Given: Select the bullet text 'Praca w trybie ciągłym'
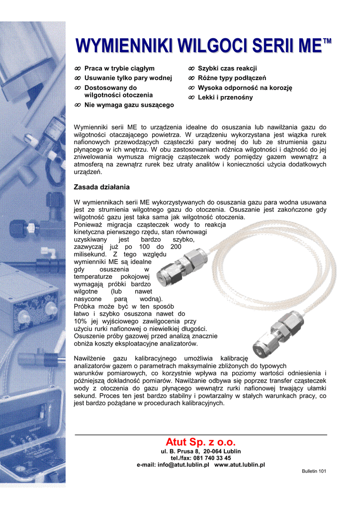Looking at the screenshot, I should (119, 68).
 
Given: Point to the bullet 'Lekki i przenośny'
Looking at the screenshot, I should (225, 97).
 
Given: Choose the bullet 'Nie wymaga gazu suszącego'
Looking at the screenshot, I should (129, 105).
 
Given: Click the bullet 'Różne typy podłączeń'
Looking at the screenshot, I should (232, 78).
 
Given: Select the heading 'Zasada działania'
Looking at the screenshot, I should (101, 187).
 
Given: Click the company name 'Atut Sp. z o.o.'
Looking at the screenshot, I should (200, 442).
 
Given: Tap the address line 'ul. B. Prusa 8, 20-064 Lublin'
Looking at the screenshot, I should (200, 451).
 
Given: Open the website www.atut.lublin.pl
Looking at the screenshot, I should (239, 465).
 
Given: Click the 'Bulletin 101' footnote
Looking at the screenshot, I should (314, 471).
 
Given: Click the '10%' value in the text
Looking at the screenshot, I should (80, 321).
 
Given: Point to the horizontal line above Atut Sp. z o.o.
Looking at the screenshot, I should (200, 434).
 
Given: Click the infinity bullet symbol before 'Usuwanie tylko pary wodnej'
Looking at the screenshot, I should (77, 78).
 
